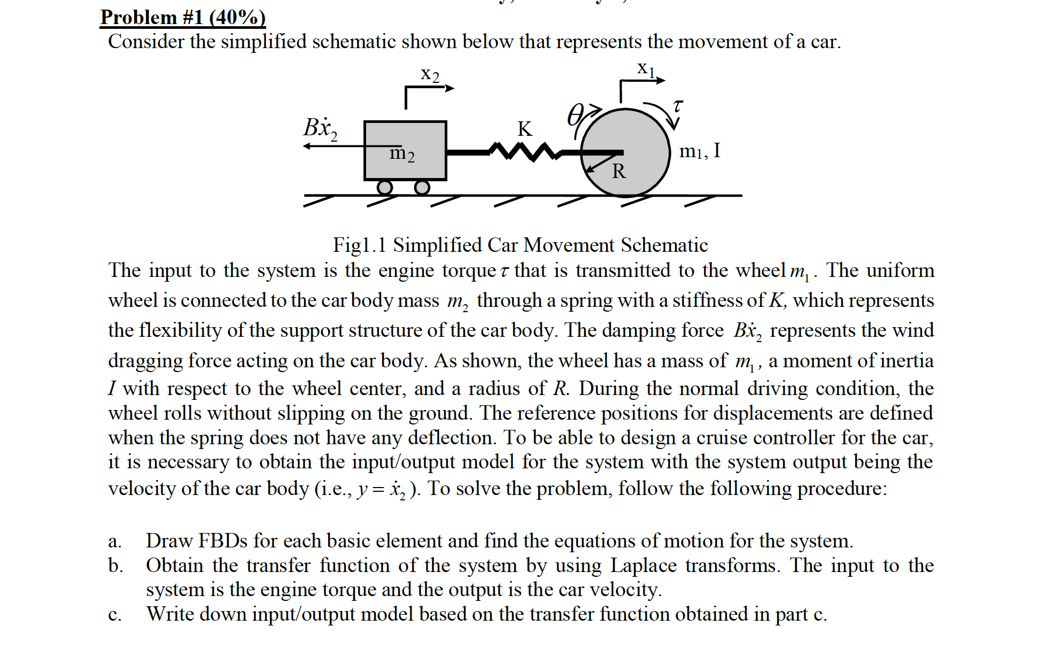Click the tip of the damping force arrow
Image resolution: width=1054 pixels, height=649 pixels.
pyautogui.click(x=303, y=146)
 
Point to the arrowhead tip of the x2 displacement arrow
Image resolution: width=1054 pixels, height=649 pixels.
pyautogui.click(x=454, y=88)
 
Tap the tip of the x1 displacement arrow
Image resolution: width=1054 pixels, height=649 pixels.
pyautogui.click(x=665, y=81)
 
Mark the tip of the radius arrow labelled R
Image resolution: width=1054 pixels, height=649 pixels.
pyautogui.click(x=586, y=172)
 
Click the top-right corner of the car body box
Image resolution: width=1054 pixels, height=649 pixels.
pyautogui.click(x=446, y=122)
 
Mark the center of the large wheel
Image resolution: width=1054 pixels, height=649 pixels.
pyautogui.click(x=625, y=153)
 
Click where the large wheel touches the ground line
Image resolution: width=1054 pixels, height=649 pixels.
pyautogui.click(x=625, y=196)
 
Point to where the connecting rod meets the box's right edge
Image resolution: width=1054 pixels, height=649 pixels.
pyautogui.click(x=447, y=152)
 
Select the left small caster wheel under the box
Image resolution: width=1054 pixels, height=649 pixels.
pyautogui.click(x=385, y=187)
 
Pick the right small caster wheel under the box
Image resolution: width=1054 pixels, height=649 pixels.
pyautogui.click(x=422, y=187)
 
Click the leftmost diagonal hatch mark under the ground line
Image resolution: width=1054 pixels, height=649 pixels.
pyautogui.click(x=319, y=201)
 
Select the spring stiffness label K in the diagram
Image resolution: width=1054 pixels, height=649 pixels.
pyautogui.click(x=525, y=129)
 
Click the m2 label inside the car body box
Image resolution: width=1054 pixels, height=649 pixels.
pyautogui.click(x=402, y=153)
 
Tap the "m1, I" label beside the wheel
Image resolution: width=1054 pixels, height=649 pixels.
pyautogui.click(x=700, y=151)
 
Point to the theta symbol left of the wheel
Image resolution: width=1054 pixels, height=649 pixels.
pyautogui.click(x=575, y=115)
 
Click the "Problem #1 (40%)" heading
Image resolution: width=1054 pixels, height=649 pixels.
pyautogui.click(x=183, y=17)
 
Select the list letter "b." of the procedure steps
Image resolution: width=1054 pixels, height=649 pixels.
pyautogui.click(x=115, y=565)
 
